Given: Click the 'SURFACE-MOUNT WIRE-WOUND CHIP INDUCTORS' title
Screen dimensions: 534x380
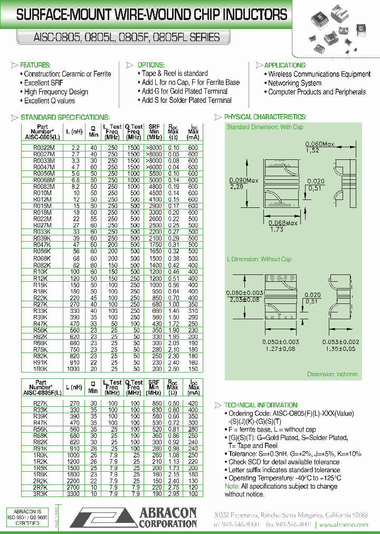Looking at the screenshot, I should pos(151,15).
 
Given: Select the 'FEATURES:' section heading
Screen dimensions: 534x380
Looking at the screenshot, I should pos(35,65).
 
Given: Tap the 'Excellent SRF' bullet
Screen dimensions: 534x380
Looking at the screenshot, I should pos(43,83).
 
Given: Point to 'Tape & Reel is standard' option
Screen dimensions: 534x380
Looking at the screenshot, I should pos(175,73).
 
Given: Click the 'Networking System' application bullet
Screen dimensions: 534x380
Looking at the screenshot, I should pos(294,83).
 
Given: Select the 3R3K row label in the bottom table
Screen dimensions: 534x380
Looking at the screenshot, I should pos(41,494).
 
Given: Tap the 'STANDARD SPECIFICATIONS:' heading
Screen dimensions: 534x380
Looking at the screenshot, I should pos(65,117).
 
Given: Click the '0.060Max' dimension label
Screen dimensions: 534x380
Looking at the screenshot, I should pos(320,144).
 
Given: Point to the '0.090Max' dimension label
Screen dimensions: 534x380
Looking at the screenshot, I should pos(244,180).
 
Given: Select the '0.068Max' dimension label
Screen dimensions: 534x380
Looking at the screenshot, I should pos(283,223).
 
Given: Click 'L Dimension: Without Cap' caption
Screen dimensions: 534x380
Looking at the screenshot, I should pos(259,259).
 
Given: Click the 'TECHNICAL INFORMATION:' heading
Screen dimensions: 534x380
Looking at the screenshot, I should pos(261,405).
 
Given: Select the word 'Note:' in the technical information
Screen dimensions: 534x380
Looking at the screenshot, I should pos(232,486).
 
